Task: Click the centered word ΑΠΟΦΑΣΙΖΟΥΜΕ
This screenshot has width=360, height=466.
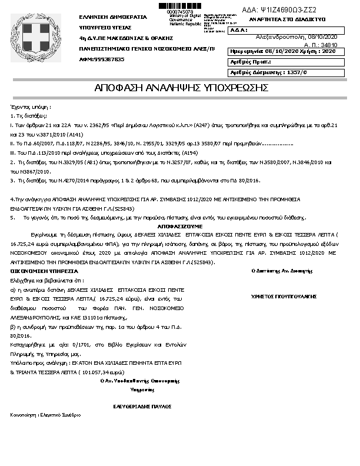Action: [x=179, y=225]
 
